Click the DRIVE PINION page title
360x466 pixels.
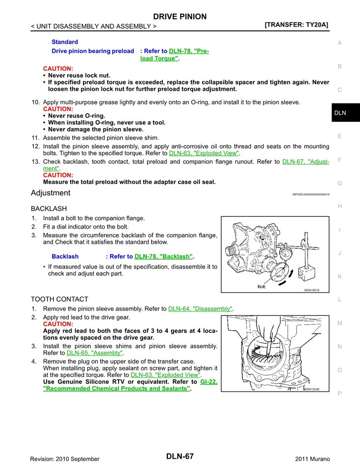coord(180,16)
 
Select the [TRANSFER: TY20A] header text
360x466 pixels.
coord(296,25)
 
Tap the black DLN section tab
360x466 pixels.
coord(340,113)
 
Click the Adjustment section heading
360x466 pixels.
coord(51,193)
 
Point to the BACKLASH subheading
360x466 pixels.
coord(49,208)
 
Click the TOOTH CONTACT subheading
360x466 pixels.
coord(59,299)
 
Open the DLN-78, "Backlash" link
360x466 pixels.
coord(163,256)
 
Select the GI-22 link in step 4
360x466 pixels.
coord(208,381)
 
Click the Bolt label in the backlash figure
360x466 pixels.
coord(261,286)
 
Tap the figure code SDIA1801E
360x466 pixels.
coord(311,290)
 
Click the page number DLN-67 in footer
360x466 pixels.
coord(180,456)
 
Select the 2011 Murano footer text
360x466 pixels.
coord(312,459)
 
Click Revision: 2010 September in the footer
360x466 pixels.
coord(65,459)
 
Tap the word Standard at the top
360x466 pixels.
coord(65,42)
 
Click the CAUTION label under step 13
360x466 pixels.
coord(58,175)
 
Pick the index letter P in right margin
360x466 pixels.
coord(339,393)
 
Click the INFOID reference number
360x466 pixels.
coord(310,194)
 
